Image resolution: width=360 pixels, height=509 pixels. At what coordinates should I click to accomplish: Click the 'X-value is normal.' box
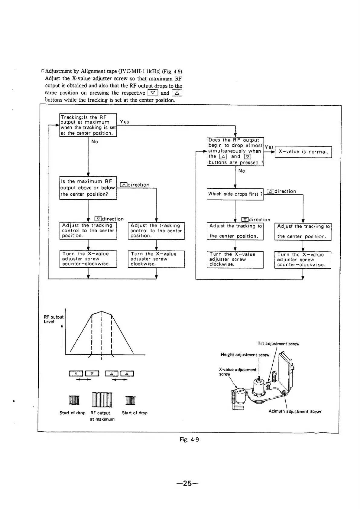[x=303, y=152]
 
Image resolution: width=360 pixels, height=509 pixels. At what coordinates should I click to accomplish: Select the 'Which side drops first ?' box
[x=235, y=194]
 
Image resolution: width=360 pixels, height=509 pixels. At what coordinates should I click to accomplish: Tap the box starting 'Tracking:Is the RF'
[x=88, y=125]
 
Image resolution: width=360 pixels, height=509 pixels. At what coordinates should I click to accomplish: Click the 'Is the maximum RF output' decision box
[x=88, y=188]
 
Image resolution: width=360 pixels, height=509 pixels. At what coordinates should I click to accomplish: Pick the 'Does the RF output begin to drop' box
[x=235, y=151]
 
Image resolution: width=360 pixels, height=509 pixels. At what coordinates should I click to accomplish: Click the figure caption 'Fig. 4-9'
[x=189, y=439]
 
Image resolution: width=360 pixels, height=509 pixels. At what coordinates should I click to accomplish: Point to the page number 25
[x=187, y=483]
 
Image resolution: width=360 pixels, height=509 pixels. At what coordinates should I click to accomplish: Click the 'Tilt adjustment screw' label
[x=278, y=344]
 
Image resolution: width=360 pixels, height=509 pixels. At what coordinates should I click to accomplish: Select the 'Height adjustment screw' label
[x=245, y=355]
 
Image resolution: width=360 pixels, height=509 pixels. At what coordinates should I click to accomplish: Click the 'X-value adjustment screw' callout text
[x=237, y=372]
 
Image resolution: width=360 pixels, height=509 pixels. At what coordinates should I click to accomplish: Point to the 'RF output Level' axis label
[x=54, y=319]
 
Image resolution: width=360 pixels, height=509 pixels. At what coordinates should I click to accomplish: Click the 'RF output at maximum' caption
[x=102, y=416]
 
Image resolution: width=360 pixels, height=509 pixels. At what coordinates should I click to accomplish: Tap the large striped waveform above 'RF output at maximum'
[x=102, y=400]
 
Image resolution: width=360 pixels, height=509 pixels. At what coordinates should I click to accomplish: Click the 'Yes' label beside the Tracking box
[x=124, y=122]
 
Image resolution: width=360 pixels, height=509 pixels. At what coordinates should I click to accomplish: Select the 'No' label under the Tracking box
[x=95, y=142]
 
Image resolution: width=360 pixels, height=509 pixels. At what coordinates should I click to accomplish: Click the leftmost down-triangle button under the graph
[x=76, y=374]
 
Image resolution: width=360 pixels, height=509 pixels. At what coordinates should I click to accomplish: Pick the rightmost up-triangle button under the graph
[x=127, y=374]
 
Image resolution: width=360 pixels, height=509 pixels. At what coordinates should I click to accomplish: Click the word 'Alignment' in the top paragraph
[x=93, y=71]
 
